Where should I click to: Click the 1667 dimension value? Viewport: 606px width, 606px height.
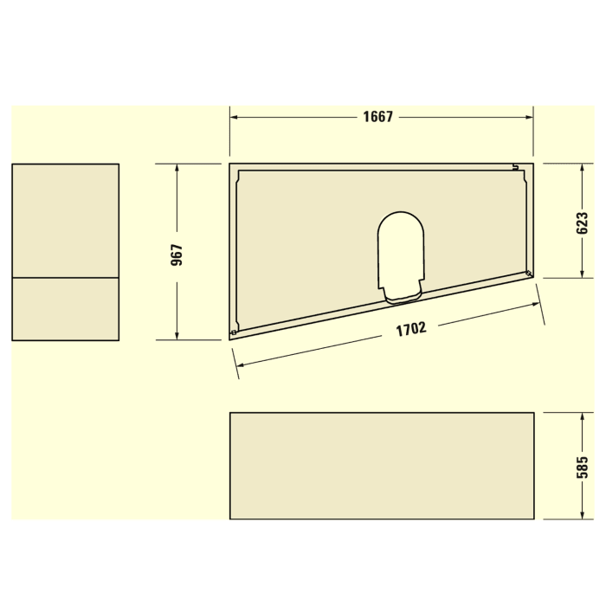378,117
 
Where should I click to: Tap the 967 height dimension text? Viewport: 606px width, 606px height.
177,254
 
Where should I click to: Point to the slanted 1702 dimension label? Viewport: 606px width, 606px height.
411,329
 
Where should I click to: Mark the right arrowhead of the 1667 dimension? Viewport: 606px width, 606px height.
528,117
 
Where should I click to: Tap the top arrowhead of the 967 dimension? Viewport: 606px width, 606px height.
177,169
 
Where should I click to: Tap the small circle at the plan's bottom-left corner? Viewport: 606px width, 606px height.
234,332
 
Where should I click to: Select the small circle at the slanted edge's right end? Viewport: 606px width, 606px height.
528,274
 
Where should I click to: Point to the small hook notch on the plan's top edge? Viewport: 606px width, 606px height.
514,166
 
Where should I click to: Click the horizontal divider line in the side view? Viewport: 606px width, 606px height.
65,278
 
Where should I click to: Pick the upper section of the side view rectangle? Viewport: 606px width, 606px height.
65,221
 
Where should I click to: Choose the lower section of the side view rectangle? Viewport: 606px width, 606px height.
65,309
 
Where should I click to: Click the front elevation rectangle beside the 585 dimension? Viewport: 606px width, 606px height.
381,466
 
